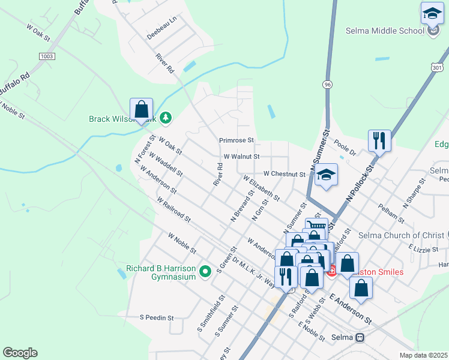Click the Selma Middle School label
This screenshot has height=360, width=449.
pos(384,30)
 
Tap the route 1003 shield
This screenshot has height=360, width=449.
pos(46,56)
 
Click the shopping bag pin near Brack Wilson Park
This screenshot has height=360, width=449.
pos(141,110)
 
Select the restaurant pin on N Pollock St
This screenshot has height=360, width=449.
pos(379,142)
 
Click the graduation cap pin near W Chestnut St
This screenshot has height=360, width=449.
pos(326,175)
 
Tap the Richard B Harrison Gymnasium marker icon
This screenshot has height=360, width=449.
pos(205,272)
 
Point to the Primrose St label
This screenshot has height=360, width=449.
pos(237,140)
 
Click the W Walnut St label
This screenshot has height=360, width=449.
pos(241,156)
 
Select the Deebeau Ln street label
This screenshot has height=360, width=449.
pos(162,28)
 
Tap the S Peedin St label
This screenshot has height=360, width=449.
pos(156,317)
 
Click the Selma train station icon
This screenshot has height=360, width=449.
pos(360,338)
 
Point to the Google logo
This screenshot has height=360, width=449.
pos(20,353)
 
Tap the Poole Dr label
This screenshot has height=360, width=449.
pos(345,149)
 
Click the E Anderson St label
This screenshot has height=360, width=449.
pos(351,306)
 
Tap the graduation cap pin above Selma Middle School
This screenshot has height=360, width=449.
pos(432,14)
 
